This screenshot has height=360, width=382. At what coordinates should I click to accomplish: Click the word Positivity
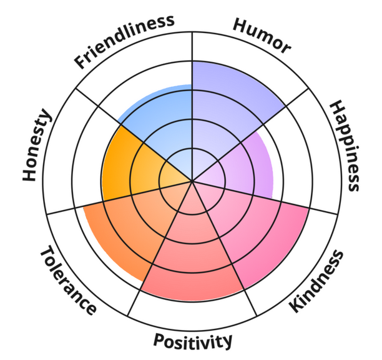tap(193, 341)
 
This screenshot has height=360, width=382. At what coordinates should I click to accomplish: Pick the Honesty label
tap(37, 145)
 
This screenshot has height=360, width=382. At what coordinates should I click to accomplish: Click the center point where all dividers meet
tap(192, 181)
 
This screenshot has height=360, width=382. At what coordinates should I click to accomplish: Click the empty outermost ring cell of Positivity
tap(192, 316)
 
